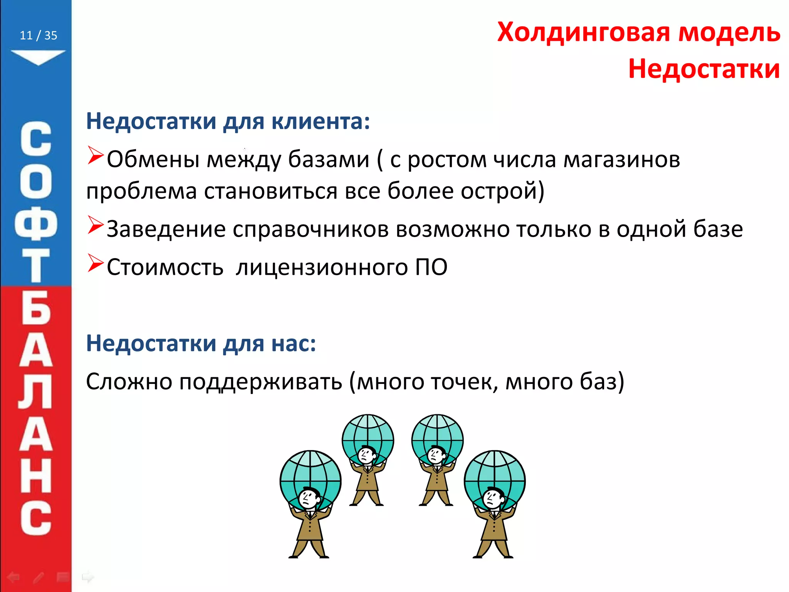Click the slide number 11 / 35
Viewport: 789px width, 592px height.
coord(38,35)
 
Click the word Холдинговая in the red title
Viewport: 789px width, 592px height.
coord(584,32)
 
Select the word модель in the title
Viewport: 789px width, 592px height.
coord(729,32)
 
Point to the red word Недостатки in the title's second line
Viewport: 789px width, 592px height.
coord(704,69)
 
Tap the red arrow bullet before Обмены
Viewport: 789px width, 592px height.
coord(95,156)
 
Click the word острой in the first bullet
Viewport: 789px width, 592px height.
coord(500,191)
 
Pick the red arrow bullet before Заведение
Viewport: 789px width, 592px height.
coord(95,225)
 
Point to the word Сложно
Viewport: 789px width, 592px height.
coord(129,382)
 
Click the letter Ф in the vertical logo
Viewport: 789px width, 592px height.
coord(35,224)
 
